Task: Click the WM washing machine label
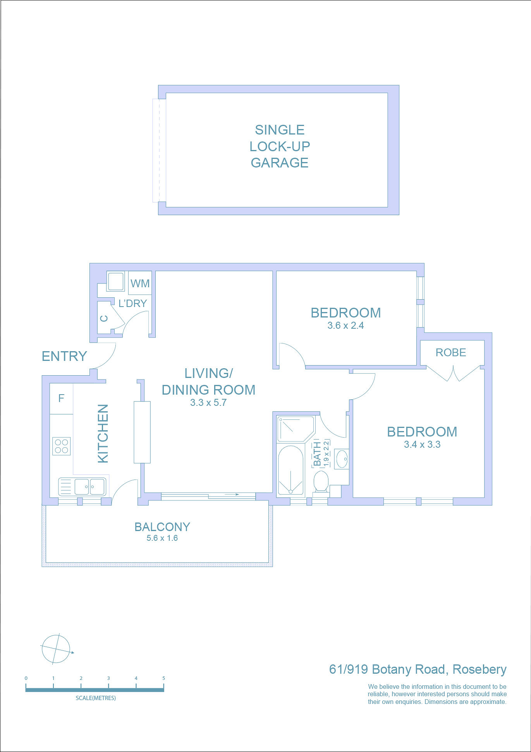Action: (140, 283)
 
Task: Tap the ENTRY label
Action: (64, 356)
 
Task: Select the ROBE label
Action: (451, 352)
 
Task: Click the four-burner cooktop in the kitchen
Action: (62, 446)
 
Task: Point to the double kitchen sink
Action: (82, 487)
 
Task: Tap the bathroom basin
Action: (342, 459)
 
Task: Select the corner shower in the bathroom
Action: (296, 429)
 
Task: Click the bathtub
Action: (290, 470)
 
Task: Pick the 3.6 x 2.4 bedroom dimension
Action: (345, 326)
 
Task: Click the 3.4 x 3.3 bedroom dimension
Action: (422, 445)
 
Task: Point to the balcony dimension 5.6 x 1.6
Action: (162, 538)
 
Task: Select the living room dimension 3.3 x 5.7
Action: (208, 403)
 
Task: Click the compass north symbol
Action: (56, 649)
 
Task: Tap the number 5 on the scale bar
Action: (163, 678)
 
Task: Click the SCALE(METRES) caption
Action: (96, 698)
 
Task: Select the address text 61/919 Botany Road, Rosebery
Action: (418, 669)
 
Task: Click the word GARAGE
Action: (280, 163)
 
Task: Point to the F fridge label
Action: (61, 398)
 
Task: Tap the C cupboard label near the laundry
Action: (104, 319)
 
